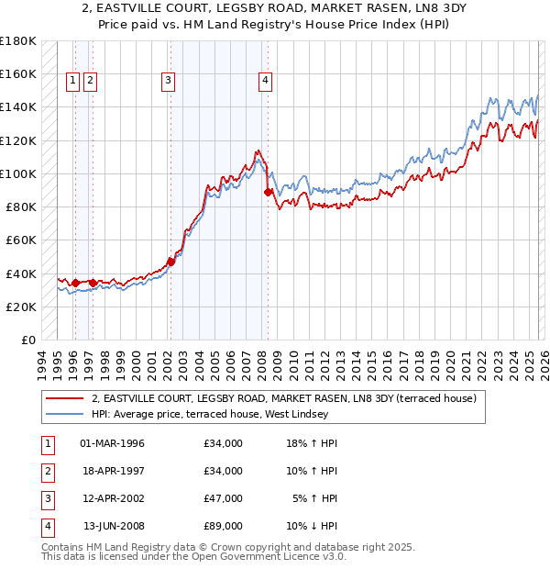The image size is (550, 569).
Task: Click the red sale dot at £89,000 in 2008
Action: (x=268, y=193)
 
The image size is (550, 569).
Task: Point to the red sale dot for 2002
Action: (x=170, y=262)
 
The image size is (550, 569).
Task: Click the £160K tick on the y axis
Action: (x=18, y=73)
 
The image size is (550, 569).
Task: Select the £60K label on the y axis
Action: (x=21, y=240)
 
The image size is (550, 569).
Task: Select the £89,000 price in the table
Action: (x=224, y=526)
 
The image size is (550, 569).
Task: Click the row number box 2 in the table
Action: (x=47, y=471)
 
